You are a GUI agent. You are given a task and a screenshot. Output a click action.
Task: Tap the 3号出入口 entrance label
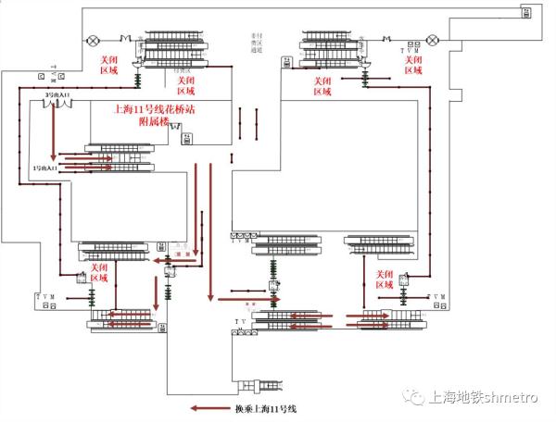click(57, 94)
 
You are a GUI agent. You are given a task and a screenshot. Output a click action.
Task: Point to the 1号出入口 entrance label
click(45, 169)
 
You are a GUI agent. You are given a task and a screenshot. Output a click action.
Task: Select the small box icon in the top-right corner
click(527, 13)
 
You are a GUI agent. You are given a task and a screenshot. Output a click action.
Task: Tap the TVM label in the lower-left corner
click(44, 296)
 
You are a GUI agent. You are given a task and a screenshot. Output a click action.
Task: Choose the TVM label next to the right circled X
click(408, 49)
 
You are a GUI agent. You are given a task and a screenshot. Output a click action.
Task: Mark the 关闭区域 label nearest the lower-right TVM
click(386, 279)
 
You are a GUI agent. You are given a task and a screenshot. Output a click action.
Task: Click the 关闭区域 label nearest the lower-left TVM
click(99, 272)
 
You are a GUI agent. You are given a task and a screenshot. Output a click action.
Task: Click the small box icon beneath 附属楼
click(187, 138)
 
